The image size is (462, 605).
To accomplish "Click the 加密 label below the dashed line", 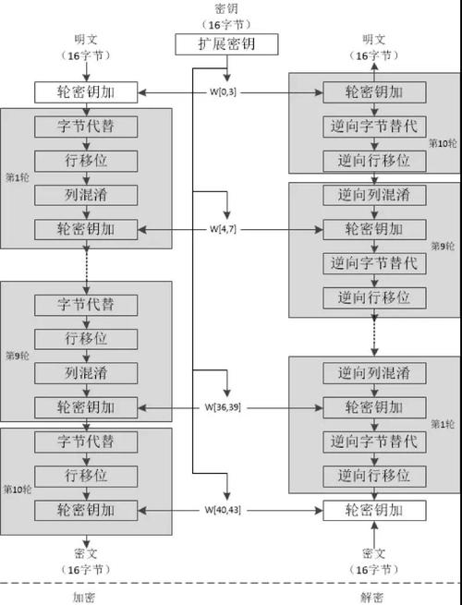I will point(85,597).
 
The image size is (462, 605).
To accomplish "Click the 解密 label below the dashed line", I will point(374,597).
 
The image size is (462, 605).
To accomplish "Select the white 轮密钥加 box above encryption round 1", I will point(86,92).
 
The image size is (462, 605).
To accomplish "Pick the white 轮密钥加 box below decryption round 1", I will point(374,510).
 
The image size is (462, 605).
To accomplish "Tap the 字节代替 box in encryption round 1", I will point(86,126).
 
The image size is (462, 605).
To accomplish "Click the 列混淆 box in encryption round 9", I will point(86,372).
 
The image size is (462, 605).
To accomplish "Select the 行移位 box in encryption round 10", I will point(86,476).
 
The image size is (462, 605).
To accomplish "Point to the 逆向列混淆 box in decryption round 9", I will point(374,195).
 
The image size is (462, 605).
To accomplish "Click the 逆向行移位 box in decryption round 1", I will point(374,476).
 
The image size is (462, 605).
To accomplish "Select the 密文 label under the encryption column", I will point(86,553).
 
